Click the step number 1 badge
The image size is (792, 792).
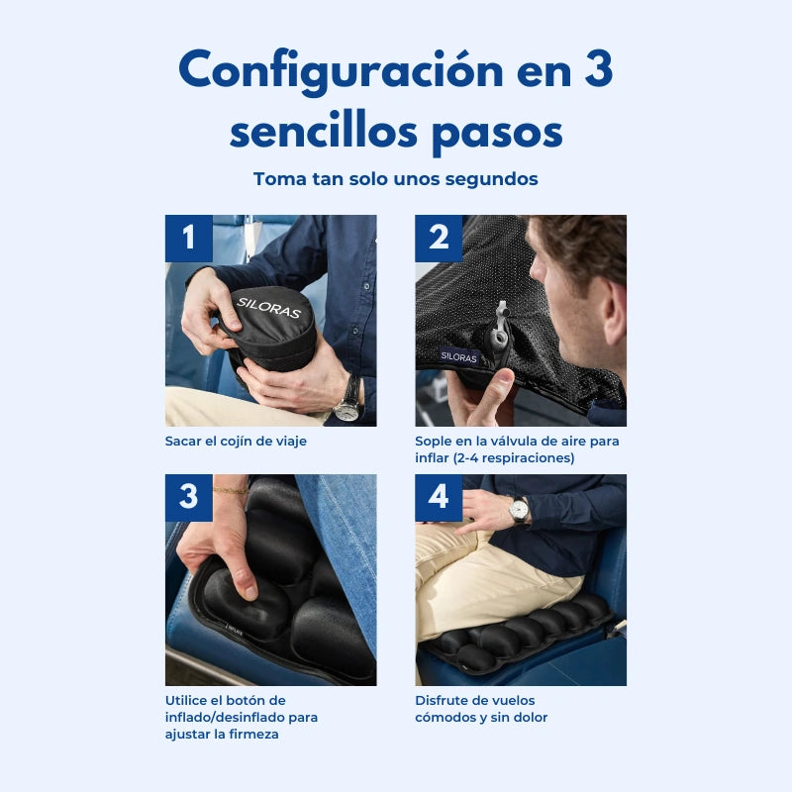188,239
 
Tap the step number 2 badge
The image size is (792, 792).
439,239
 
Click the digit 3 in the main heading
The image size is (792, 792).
596,71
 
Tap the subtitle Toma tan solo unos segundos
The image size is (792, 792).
396,179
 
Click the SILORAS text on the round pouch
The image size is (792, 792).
267,307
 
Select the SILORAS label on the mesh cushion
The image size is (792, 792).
459,356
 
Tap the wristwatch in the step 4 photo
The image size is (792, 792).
518,510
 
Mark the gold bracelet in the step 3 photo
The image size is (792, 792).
230,490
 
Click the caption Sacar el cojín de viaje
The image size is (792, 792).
236,441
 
